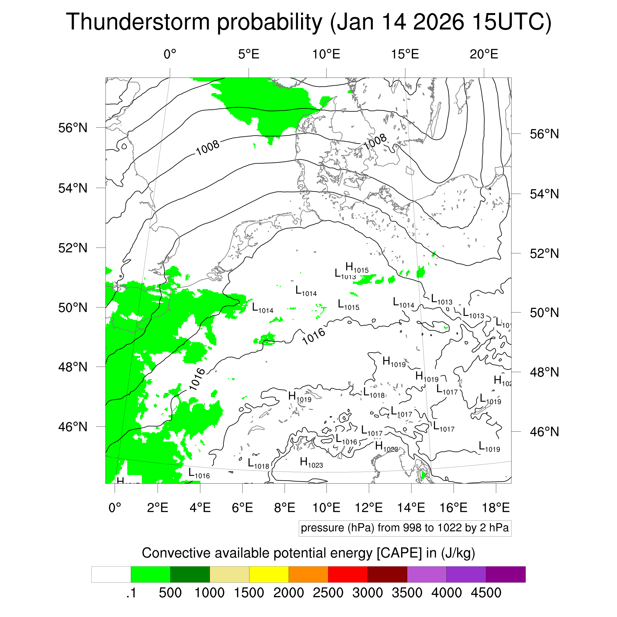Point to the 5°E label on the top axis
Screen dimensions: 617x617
tap(249, 54)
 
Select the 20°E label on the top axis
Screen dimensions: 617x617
tap(483, 54)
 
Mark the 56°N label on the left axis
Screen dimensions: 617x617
tap(73, 128)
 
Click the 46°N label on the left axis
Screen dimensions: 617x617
tap(73, 427)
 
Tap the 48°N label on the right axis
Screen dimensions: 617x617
tap(544, 372)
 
